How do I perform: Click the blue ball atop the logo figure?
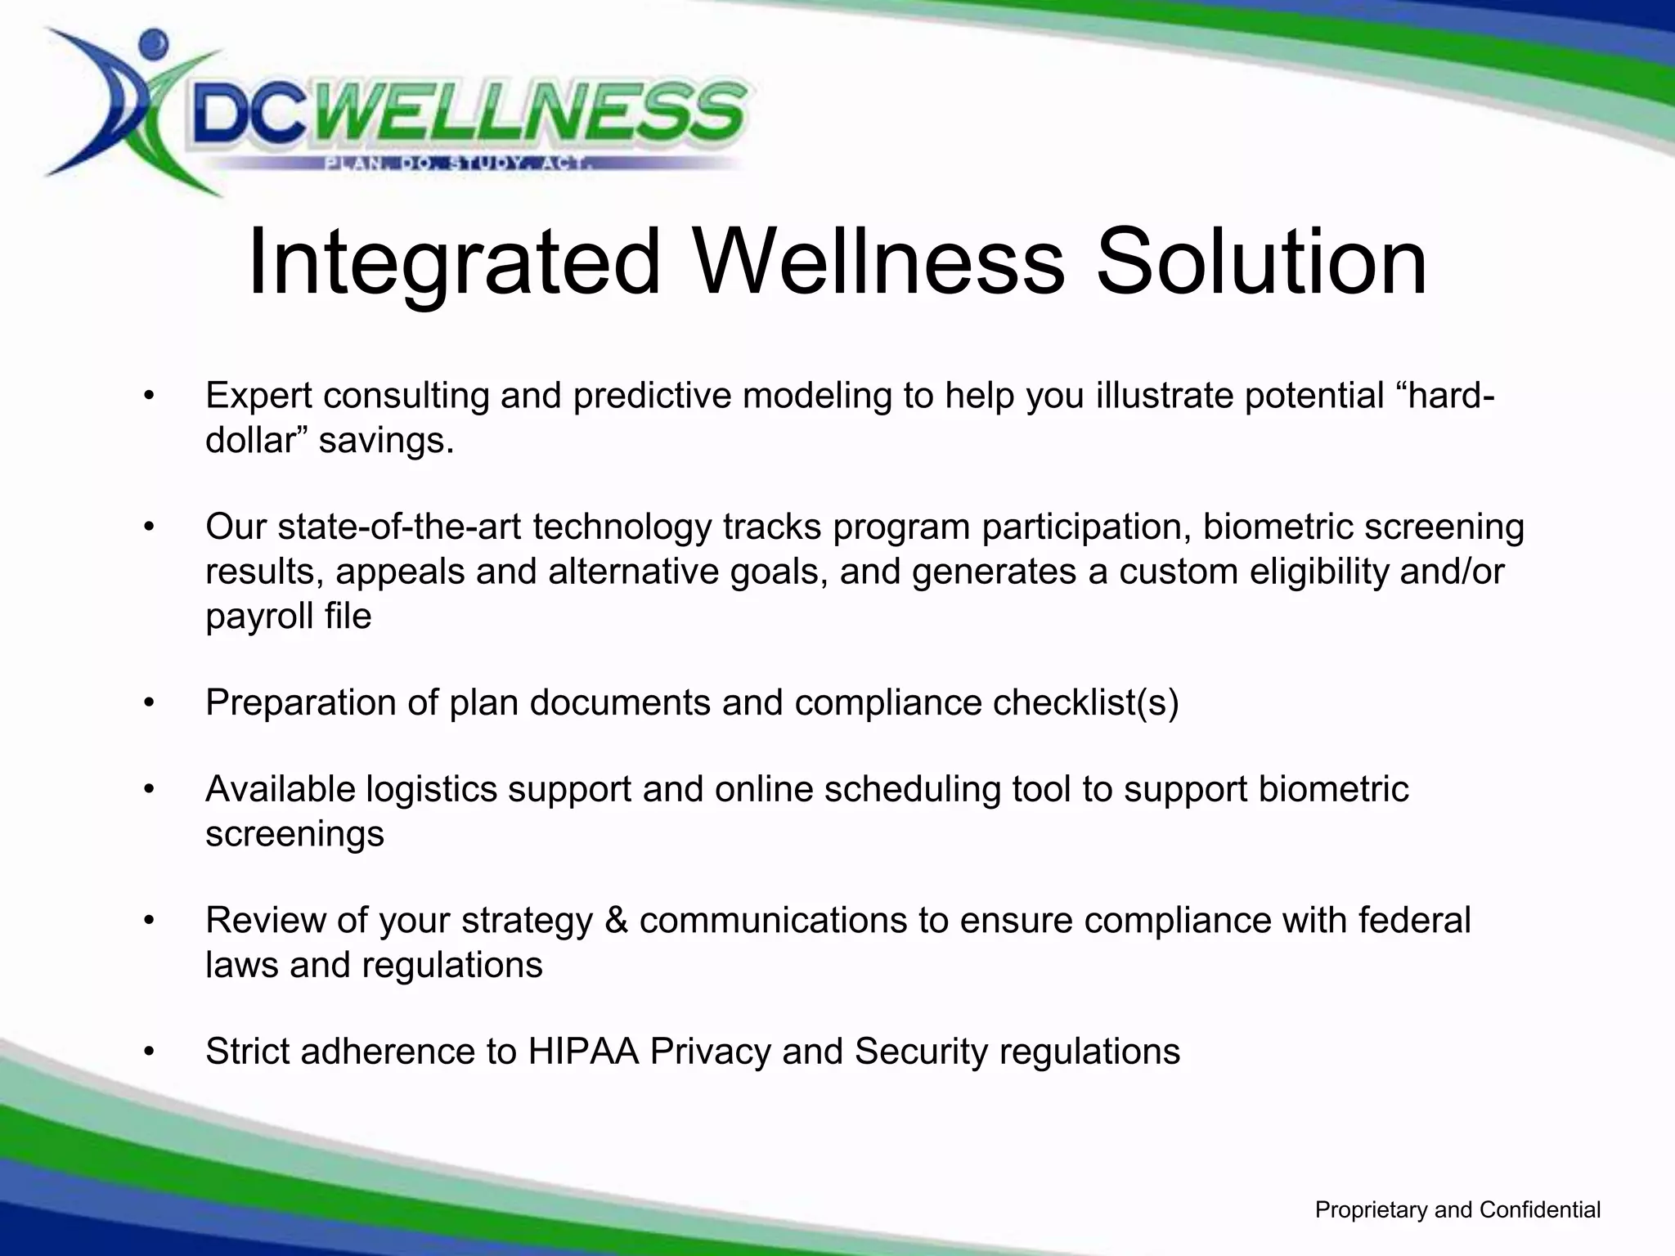153,43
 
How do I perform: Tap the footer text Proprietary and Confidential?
1457,1209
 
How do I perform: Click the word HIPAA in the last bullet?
582,1052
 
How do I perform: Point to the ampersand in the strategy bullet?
616,921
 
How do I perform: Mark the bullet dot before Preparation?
148,703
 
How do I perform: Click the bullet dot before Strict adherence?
148,1052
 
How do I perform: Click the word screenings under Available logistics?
294,834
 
